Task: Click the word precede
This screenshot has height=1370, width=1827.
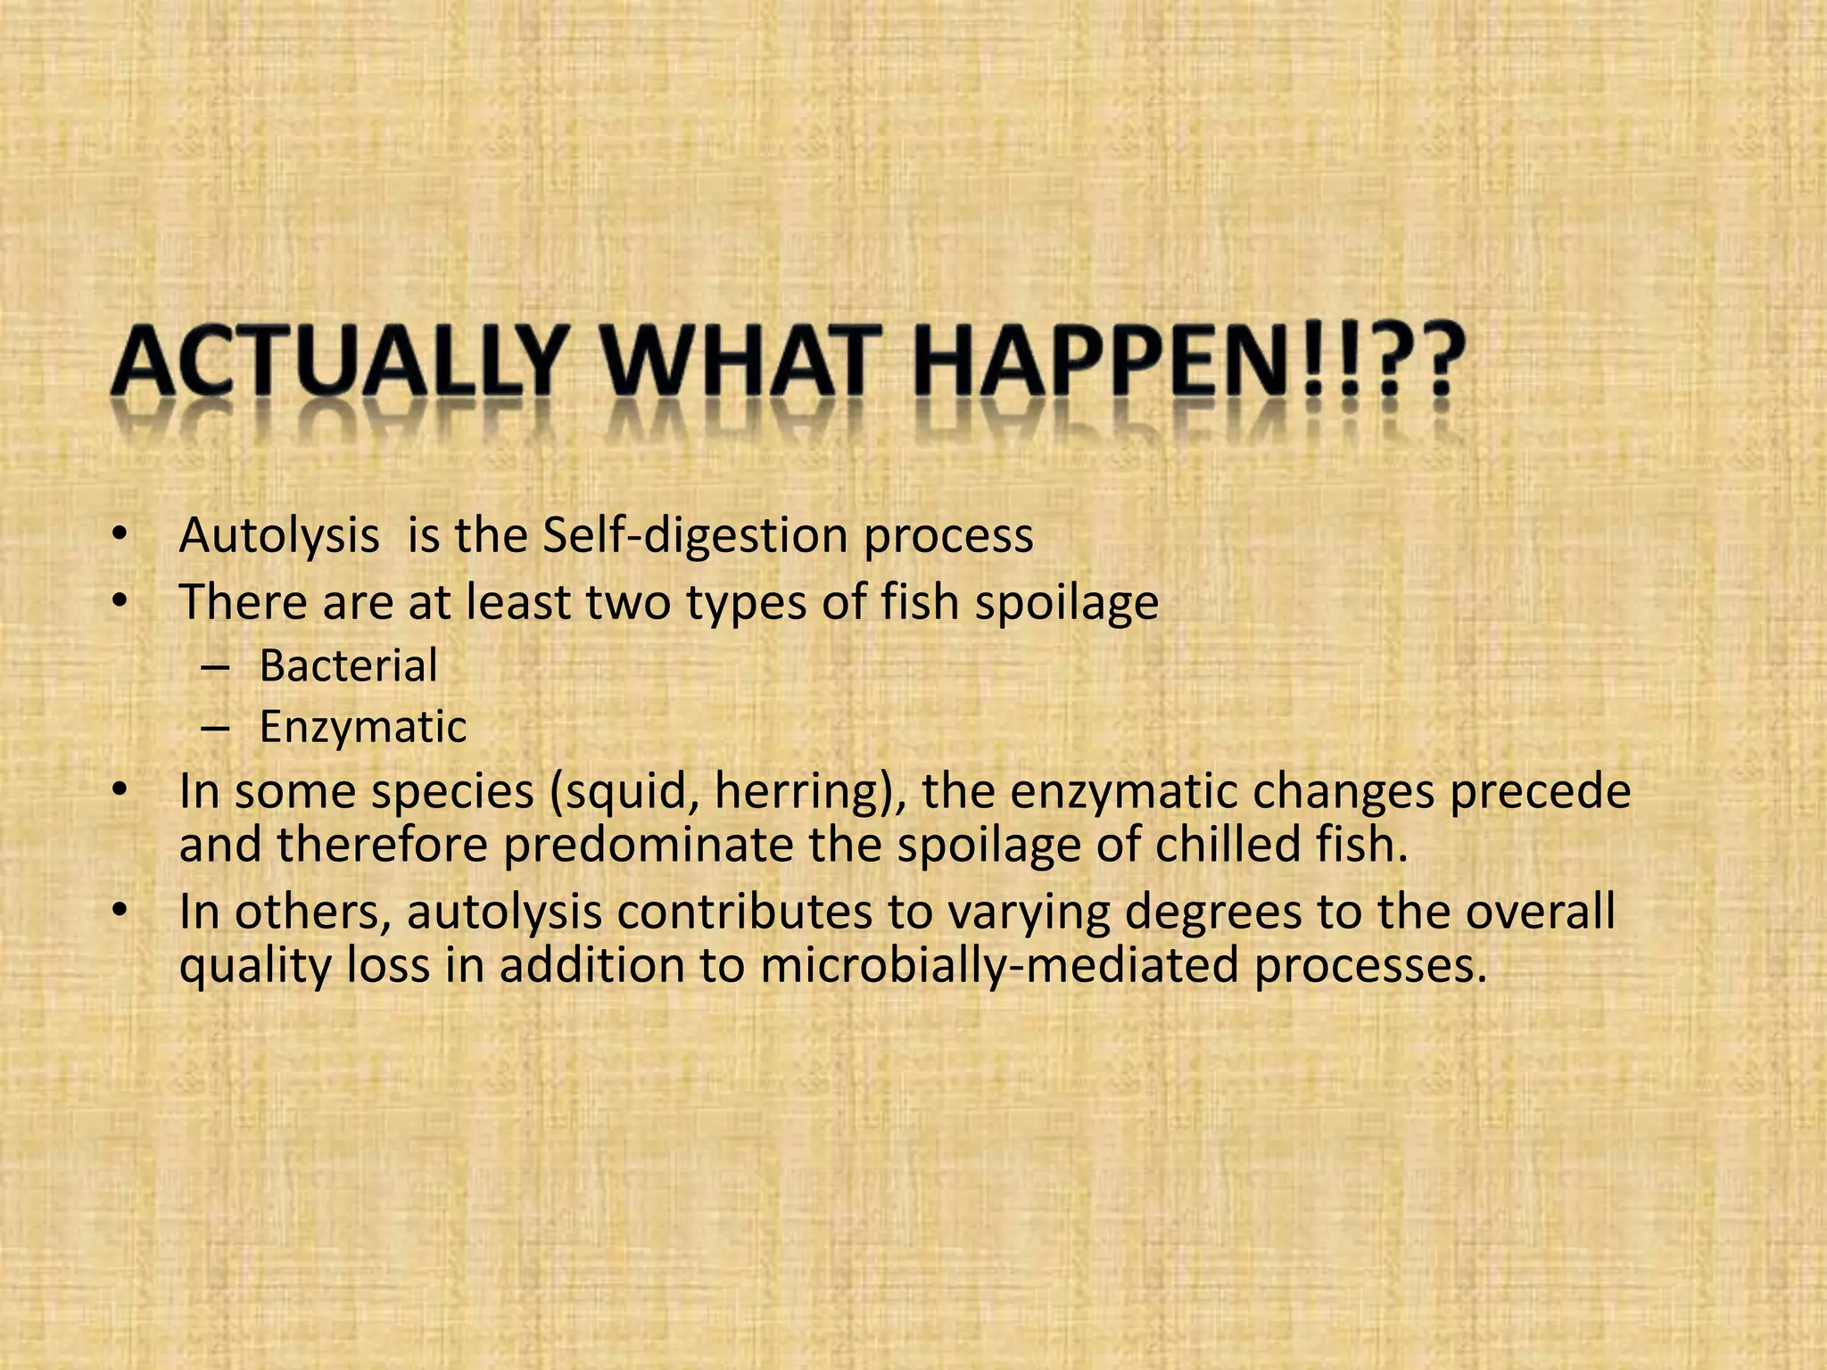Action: (x=1540, y=792)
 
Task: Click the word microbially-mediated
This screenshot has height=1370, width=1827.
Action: (x=999, y=966)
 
